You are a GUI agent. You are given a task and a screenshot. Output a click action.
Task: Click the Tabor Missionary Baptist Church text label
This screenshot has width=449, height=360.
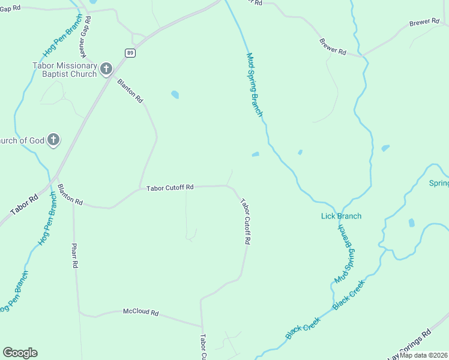[64, 70]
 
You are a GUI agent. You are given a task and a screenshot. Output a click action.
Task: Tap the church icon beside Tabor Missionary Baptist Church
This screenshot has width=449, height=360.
[107, 69]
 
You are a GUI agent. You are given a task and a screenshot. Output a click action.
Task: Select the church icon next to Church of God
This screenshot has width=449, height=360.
[53, 140]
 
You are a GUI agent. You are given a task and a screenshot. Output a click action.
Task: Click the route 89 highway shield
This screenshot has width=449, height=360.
[130, 53]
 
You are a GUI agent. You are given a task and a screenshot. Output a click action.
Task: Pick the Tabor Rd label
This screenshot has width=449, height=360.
[25, 205]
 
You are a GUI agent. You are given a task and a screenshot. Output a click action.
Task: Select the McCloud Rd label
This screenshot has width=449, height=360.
[140, 313]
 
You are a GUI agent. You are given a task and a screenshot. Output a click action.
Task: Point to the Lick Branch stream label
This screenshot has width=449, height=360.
[341, 216]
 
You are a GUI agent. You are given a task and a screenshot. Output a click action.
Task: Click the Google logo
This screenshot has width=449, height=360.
[20, 353]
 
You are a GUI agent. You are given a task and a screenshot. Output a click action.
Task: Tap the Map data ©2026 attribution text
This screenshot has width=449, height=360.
[424, 355]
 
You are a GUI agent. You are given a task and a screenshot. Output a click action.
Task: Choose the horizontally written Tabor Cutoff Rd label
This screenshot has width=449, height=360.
[170, 188]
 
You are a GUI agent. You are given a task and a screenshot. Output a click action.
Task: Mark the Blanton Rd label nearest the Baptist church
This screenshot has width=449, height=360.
[130, 90]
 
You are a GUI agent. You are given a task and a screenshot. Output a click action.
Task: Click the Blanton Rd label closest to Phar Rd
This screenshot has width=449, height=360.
[70, 195]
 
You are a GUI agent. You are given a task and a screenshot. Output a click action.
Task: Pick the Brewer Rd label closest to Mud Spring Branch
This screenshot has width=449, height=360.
[333, 47]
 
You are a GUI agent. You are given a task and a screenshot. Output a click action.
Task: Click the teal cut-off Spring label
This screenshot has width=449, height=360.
[439, 183]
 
